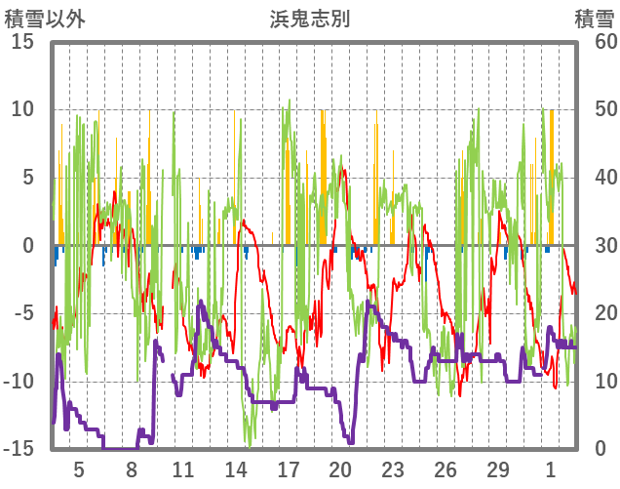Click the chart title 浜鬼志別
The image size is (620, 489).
pyautogui.click(x=310, y=19)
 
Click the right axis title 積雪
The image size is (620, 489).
pyautogui.click(x=594, y=19)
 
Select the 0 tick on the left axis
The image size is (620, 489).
pyautogui.click(x=28, y=245)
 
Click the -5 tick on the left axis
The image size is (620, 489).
pyautogui.click(x=23, y=313)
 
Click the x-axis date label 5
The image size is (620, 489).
pyautogui.click(x=79, y=469)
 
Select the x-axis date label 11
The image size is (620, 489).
pyautogui.click(x=183, y=469)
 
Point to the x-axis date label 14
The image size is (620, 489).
pyautogui.click(x=236, y=469)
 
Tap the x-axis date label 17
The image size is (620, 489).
pyautogui.click(x=289, y=469)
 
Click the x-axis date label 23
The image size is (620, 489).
pyautogui.click(x=393, y=469)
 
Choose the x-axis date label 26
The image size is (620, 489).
pyautogui.click(x=446, y=469)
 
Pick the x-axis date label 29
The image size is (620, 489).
pyautogui.click(x=498, y=469)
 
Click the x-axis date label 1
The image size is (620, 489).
pyautogui.click(x=551, y=469)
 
